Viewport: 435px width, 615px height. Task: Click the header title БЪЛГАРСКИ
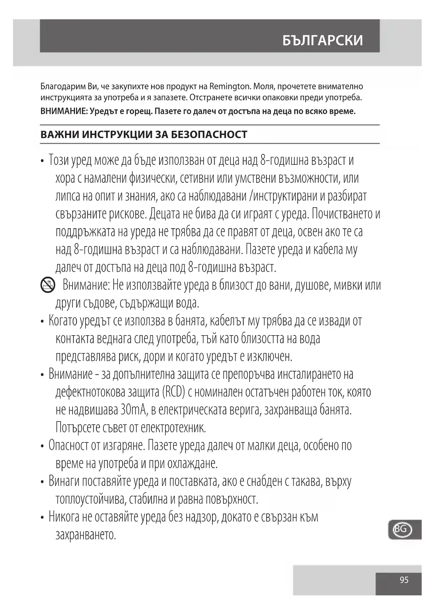[322, 41]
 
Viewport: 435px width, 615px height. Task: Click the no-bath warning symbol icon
[48, 285]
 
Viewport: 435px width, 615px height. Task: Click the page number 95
[404, 580]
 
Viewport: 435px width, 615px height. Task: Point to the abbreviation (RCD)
[174, 392]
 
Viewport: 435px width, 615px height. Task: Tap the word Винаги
[64, 481]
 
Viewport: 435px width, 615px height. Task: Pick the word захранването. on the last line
[86, 535]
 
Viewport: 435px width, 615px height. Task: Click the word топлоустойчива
[90, 499]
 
